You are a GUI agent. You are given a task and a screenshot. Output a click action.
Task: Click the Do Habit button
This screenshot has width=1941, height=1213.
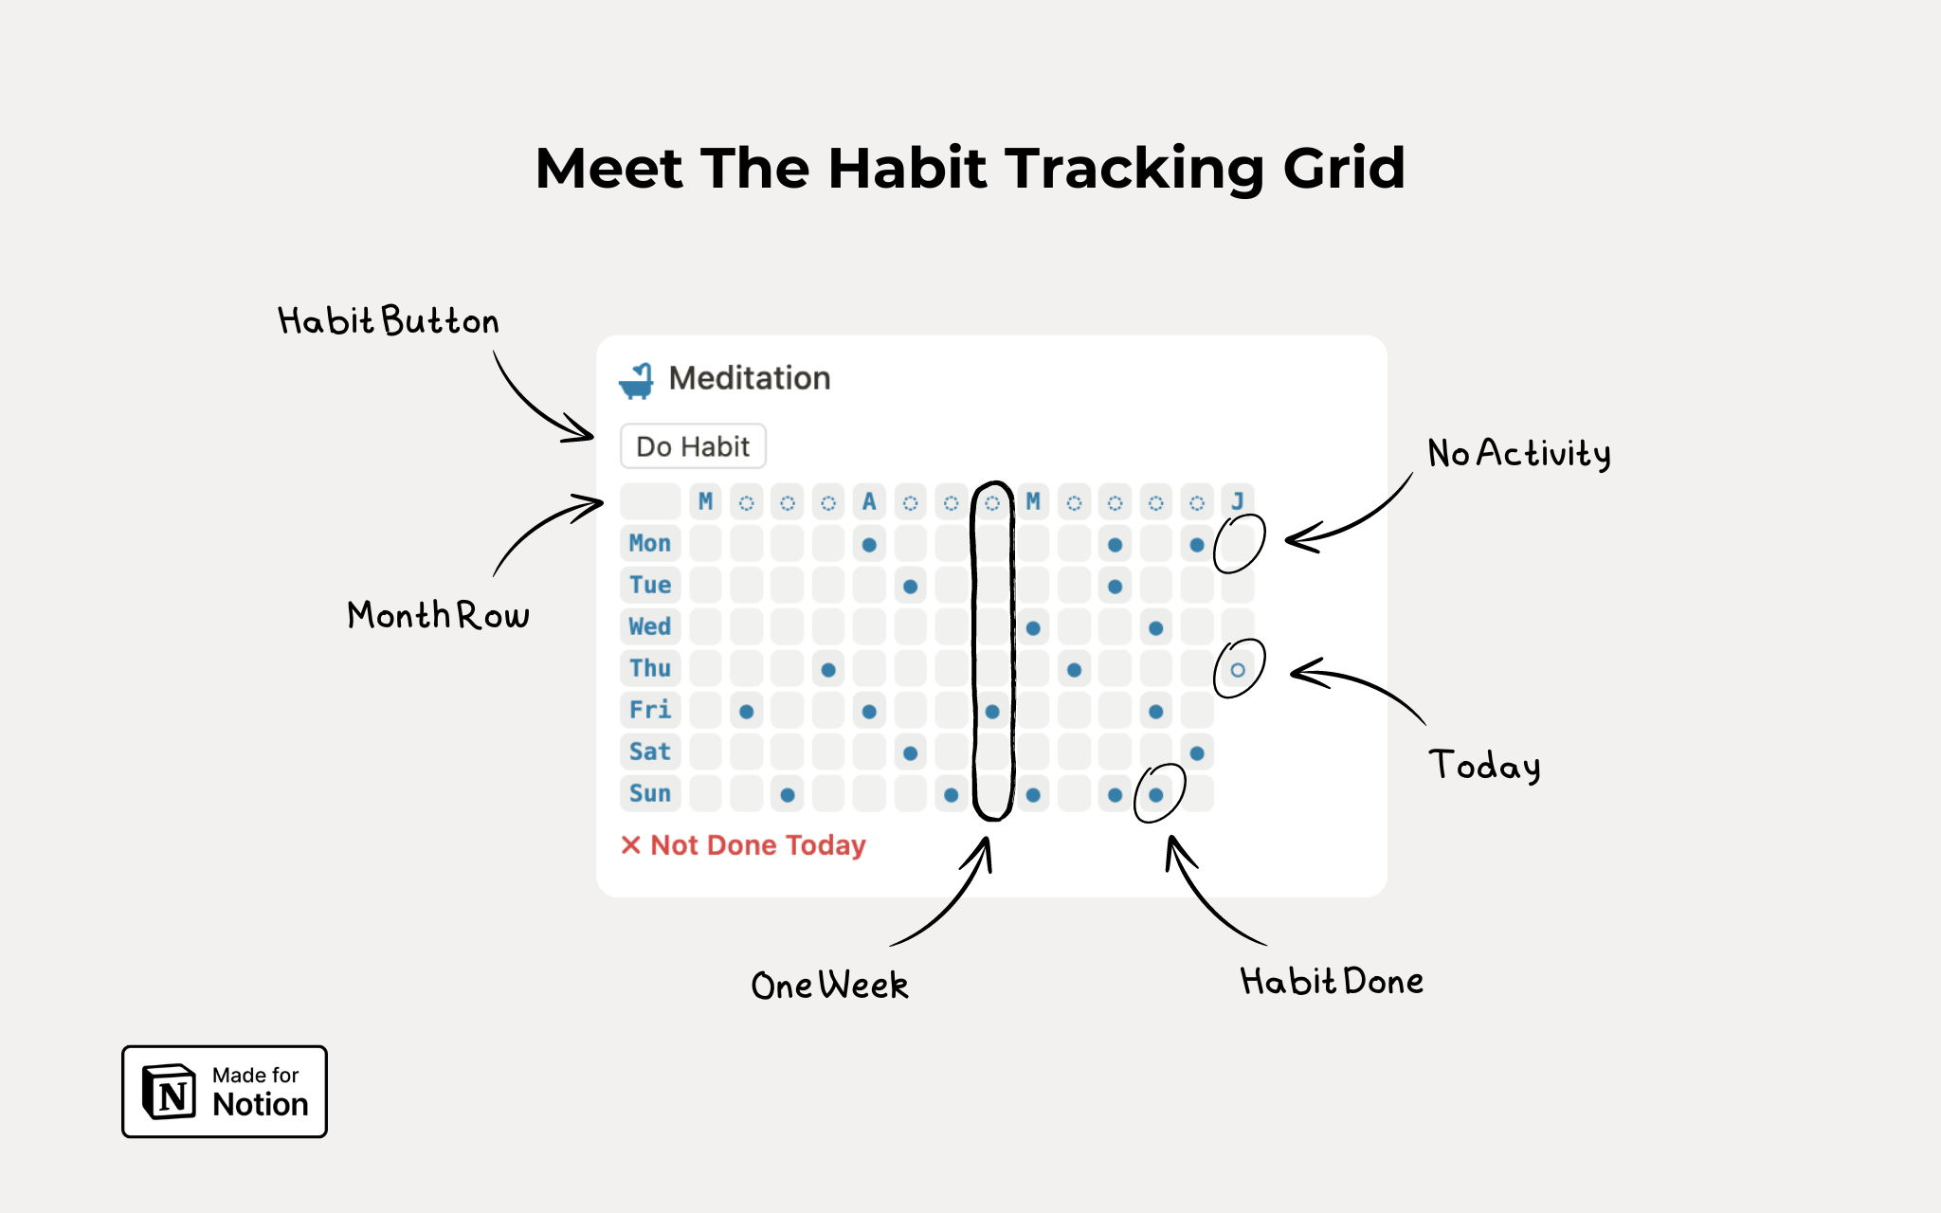(693, 446)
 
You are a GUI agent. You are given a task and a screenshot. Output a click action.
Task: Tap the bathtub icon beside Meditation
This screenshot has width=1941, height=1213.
(636, 380)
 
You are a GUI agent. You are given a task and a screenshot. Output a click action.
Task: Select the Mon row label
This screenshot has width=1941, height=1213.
(650, 543)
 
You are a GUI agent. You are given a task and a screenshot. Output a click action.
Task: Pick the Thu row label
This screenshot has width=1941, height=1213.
(650, 668)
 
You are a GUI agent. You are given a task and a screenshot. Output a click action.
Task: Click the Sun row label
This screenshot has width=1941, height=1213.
(650, 793)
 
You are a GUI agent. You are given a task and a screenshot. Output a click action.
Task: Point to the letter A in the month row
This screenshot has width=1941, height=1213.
(869, 501)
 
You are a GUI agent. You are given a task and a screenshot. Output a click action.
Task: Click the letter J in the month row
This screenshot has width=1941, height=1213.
(1238, 501)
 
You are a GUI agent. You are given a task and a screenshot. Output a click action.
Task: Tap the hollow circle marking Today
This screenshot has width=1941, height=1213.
(1238, 670)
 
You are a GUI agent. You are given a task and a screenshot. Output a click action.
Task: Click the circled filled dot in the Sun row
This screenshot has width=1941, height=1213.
(1156, 795)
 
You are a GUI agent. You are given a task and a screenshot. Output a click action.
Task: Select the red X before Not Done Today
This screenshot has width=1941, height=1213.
(630, 844)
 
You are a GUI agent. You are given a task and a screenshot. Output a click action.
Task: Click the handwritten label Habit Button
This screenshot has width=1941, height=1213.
(389, 321)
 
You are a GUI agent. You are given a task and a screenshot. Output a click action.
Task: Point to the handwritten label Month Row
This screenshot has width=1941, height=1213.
(438, 615)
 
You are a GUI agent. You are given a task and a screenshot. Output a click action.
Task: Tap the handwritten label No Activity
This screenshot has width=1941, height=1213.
(1519, 453)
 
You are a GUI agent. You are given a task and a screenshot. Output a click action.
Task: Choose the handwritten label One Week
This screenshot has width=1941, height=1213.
(829, 986)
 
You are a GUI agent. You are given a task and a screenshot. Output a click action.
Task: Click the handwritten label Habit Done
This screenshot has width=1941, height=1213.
(1332, 981)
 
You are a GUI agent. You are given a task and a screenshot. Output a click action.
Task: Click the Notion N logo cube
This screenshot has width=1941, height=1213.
(169, 1092)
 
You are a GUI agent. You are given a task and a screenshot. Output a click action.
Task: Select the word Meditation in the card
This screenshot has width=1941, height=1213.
(750, 378)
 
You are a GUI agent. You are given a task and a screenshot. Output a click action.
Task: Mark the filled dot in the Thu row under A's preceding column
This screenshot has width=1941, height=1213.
(828, 670)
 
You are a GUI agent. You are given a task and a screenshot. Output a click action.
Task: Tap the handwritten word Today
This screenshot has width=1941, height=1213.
(1485, 766)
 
